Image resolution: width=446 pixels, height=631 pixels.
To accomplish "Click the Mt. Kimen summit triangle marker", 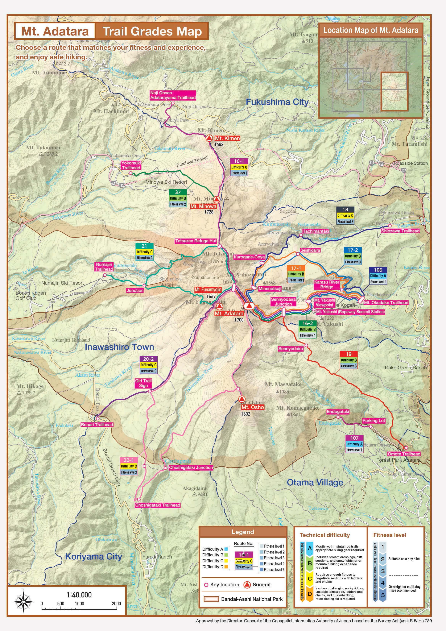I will coord(210,138).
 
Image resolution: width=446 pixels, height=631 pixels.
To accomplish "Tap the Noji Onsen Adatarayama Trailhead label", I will coord(173,95).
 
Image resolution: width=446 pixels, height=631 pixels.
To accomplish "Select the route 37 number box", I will coord(178,192).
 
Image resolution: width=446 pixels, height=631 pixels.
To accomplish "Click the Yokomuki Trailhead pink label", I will coord(131,165).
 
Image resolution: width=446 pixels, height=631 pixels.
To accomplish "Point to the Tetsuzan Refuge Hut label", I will coord(196,241).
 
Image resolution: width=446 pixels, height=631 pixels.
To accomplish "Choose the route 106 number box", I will coord(378,270).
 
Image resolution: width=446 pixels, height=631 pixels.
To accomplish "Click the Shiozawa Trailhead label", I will coord(400,231).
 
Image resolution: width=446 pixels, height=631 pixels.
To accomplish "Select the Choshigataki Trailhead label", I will coord(157,505).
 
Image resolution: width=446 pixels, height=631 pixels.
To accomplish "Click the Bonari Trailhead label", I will coord(97,424).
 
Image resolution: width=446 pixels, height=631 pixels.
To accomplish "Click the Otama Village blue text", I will coord(315,482).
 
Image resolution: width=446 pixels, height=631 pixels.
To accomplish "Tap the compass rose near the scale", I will coord(23,601).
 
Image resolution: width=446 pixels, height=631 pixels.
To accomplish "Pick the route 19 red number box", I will coord(349,354).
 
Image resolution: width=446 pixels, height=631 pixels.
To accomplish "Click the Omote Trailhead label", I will coord(404,454).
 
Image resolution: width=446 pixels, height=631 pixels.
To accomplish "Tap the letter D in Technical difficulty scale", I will coord(310,594).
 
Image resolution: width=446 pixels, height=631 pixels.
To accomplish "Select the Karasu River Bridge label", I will coord(327,284).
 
